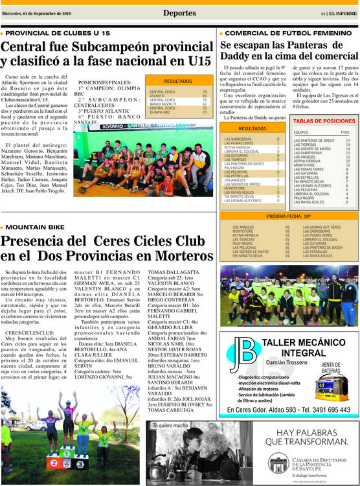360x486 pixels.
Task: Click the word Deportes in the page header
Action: [x=179, y=13]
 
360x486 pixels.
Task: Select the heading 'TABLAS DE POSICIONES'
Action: [x=324, y=121]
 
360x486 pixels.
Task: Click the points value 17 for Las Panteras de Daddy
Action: [x=347, y=141]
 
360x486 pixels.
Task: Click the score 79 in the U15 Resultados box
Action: [x=205, y=92]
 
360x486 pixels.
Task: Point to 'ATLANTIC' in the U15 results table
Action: [x=159, y=96]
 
